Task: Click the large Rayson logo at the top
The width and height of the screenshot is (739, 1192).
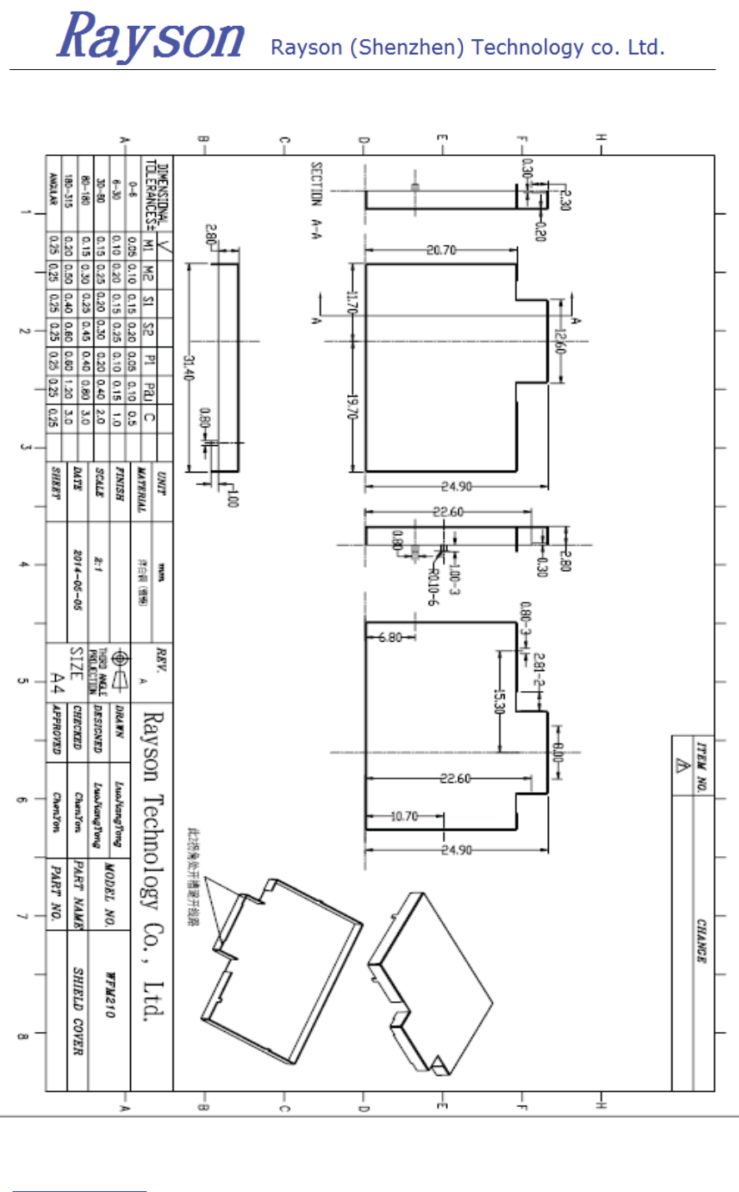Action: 151,37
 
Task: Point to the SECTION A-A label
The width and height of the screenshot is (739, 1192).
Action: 317,197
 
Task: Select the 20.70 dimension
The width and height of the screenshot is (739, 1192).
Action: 442,250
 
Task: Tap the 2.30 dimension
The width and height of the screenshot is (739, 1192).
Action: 566,200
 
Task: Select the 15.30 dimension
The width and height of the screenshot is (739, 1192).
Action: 500,704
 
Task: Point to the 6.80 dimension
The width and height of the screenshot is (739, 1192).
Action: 390,638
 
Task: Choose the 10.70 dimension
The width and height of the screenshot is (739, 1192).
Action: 405,816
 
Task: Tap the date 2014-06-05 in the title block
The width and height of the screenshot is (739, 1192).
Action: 78,580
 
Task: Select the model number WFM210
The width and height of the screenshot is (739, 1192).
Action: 109,994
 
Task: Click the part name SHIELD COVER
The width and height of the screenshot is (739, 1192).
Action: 78,1012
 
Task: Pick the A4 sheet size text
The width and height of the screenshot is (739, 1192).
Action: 58,684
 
